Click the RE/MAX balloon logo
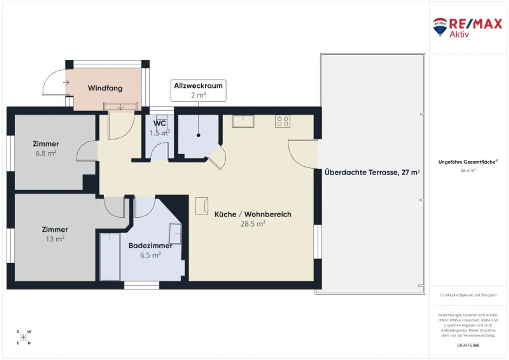click(x=440, y=26)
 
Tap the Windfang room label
click(x=105, y=88)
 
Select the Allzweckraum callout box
click(x=198, y=90)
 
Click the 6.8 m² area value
click(x=46, y=153)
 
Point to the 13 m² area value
click(x=55, y=239)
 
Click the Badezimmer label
click(x=150, y=246)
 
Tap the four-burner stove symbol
click(x=282, y=122)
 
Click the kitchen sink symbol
click(x=243, y=121)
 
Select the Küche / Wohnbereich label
click(x=253, y=214)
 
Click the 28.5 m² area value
click(x=253, y=224)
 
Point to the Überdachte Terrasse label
click(x=372, y=172)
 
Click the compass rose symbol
click(x=24, y=337)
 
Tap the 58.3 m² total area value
click(x=468, y=170)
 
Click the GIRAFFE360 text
click(x=468, y=345)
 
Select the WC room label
click(x=159, y=124)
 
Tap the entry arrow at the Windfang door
click(x=66, y=82)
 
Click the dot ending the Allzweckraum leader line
click(x=198, y=135)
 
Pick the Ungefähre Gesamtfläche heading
click(x=468, y=162)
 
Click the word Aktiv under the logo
click(x=459, y=34)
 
